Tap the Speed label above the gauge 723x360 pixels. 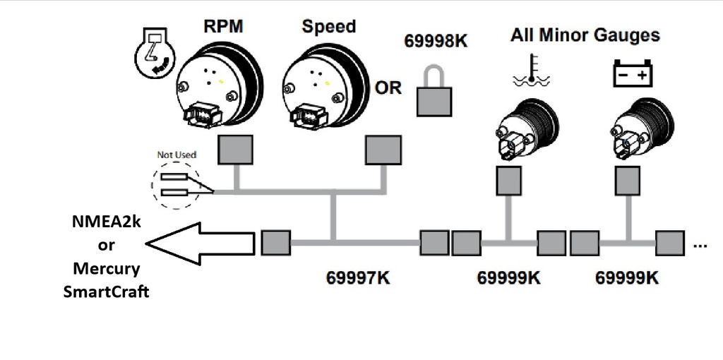pos(328,27)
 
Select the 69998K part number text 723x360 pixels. pos(436,41)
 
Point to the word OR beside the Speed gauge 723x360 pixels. pos(388,88)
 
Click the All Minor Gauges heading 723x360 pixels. pos(585,35)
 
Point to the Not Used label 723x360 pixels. pos(177,155)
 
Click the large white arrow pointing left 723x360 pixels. pos(201,242)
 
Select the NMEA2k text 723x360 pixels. pos(106,222)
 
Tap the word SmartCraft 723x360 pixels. pos(106,291)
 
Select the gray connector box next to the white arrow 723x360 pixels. pos(275,243)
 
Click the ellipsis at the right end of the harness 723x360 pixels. pos(700,245)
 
